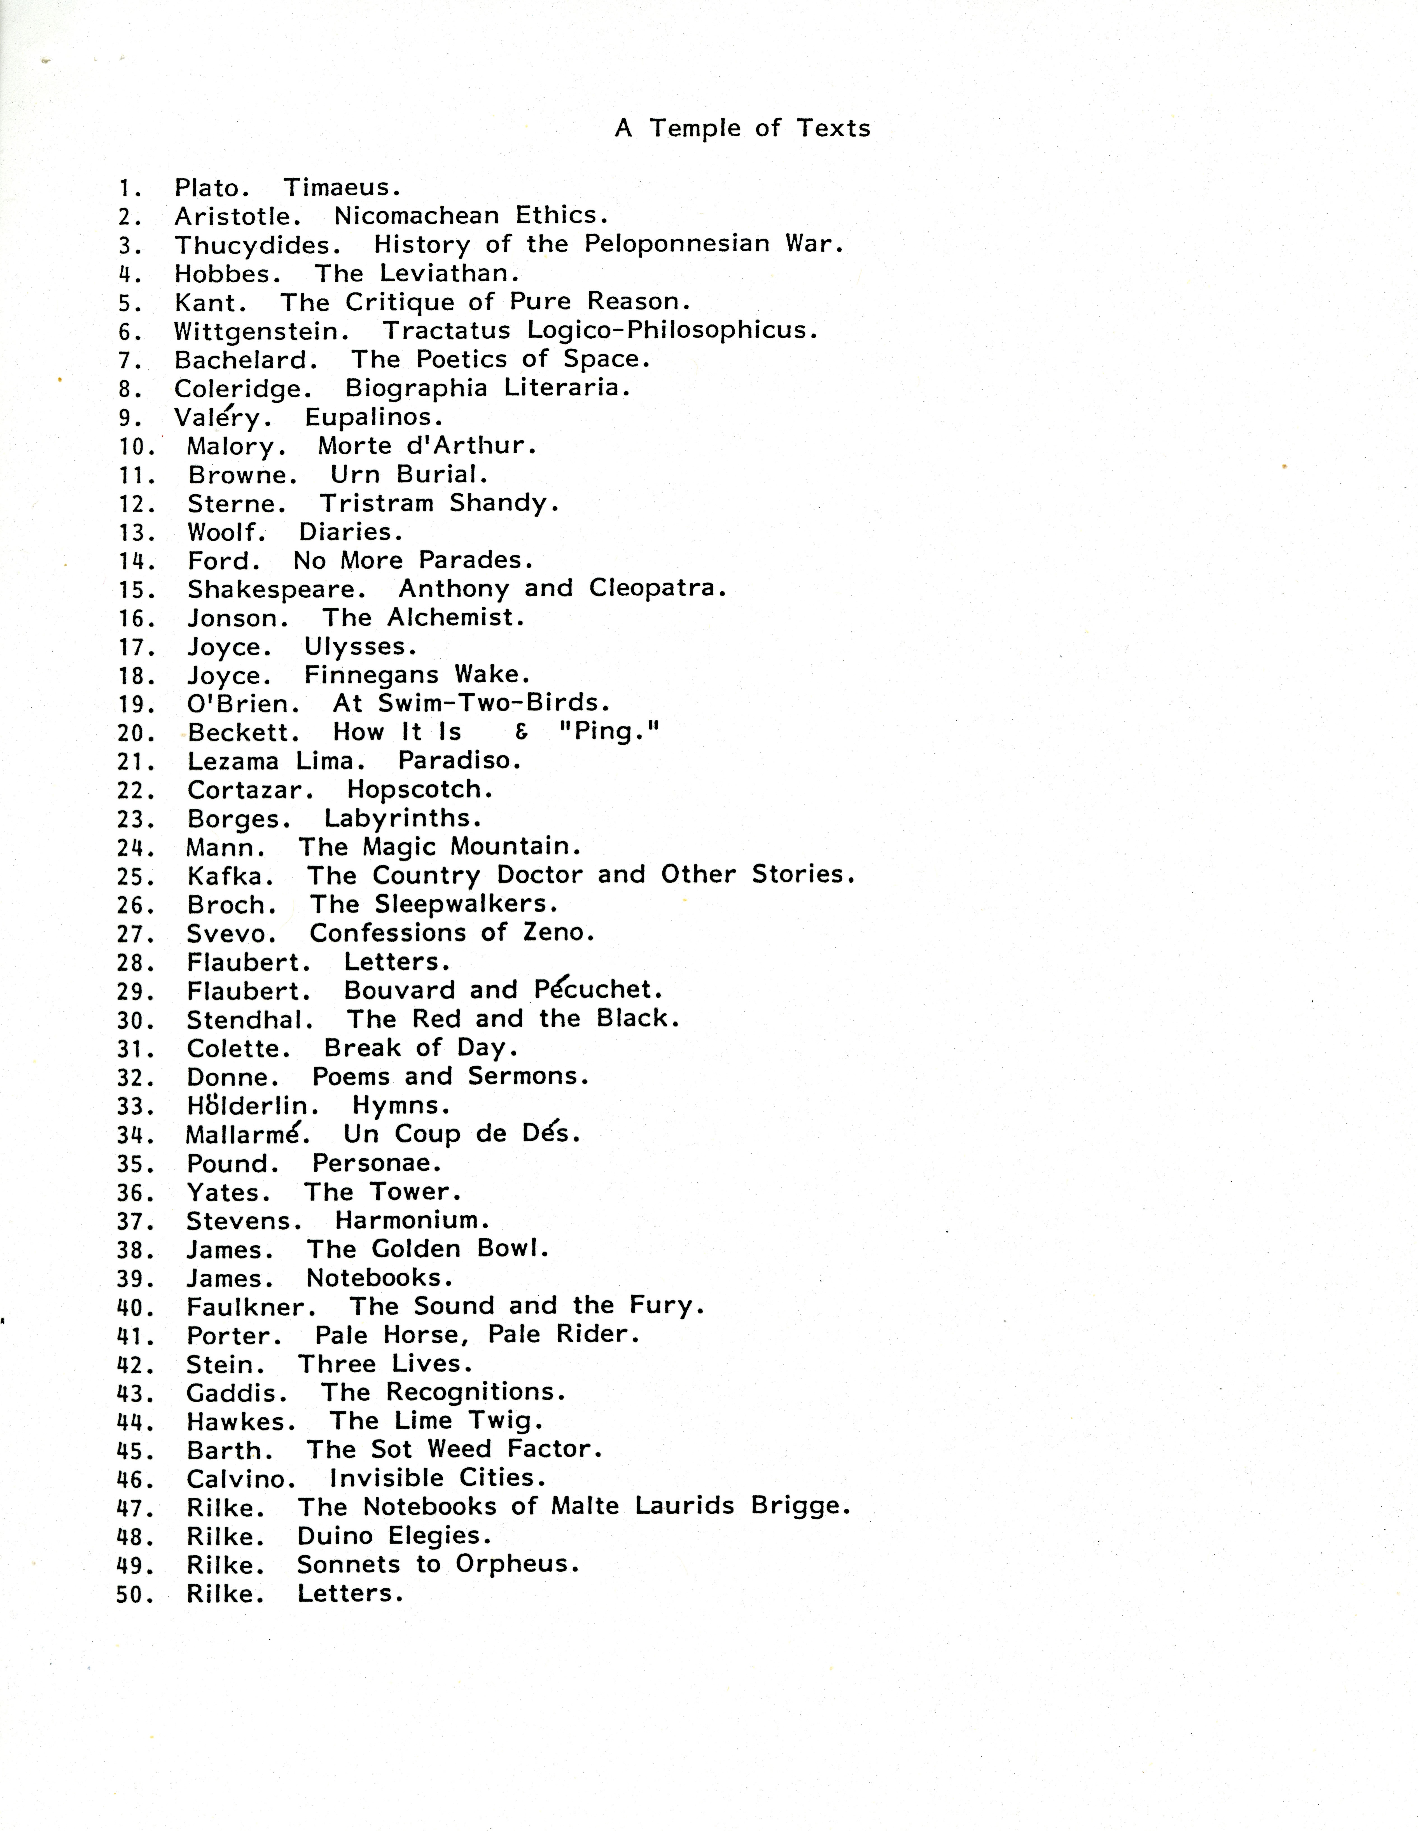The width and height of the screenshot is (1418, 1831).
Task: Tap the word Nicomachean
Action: click(x=417, y=216)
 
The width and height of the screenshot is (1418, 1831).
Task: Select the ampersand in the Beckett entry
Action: click(x=522, y=733)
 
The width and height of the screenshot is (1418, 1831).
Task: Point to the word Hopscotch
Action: click(x=419, y=790)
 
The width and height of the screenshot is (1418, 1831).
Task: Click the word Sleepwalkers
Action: click(x=465, y=905)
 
